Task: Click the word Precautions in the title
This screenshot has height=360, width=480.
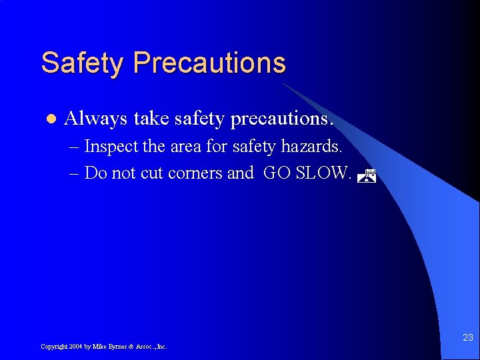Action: pyautogui.click(x=209, y=63)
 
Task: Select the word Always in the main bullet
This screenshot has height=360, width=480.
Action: pyautogui.click(x=96, y=119)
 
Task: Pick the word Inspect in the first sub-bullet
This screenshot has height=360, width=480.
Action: pyautogui.click(x=109, y=146)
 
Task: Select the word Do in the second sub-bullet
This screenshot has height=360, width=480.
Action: pyautogui.click(x=96, y=173)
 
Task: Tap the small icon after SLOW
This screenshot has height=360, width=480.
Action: pyautogui.click(x=367, y=176)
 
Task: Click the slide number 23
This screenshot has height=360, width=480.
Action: pyautogui.click(x=467, y=338)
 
